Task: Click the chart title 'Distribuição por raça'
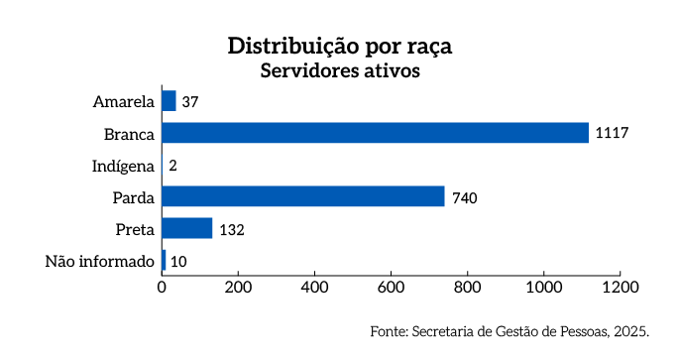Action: [340, 47]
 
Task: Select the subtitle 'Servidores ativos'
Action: [340, 71]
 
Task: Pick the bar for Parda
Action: [302, 196]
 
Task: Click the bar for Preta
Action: [187, 228]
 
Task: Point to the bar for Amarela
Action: [169, 101]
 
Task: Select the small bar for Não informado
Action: [164, 261]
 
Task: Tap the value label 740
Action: [465, 197]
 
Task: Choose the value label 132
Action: [231, 229]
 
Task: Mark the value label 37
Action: [190, 102]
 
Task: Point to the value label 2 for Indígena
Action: [172, 166]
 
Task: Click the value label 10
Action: [178, 262]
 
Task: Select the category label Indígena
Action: [123, 166]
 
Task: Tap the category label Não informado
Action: [100, 262]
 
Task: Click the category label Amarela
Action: [124, 102]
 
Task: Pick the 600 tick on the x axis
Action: [391, 288]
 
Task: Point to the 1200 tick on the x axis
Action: [620, 288]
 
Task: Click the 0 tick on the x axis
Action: [162, 288]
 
